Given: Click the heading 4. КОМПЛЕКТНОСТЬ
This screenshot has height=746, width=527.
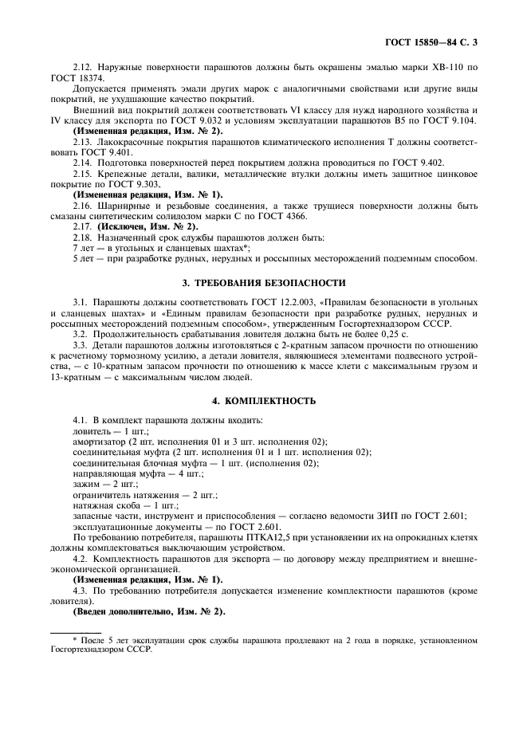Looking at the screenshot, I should [x=263, y=400].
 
